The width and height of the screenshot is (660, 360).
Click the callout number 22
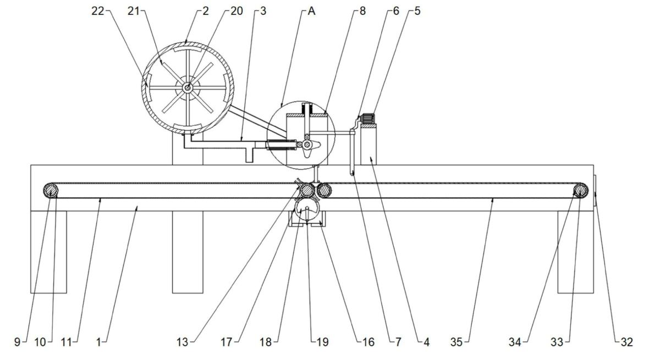point(97,11)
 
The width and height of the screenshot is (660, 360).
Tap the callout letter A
point(311,11)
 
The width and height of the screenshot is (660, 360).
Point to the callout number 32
point(626,342)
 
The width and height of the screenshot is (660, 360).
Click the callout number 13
point(182,342)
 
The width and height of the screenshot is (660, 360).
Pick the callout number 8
point(362,11)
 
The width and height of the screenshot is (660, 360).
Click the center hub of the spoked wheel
point(188,87)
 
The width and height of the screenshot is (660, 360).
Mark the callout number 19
point(323,342)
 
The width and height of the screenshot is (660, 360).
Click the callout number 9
point(17,342)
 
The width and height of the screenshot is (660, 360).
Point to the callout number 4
point(426,342)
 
